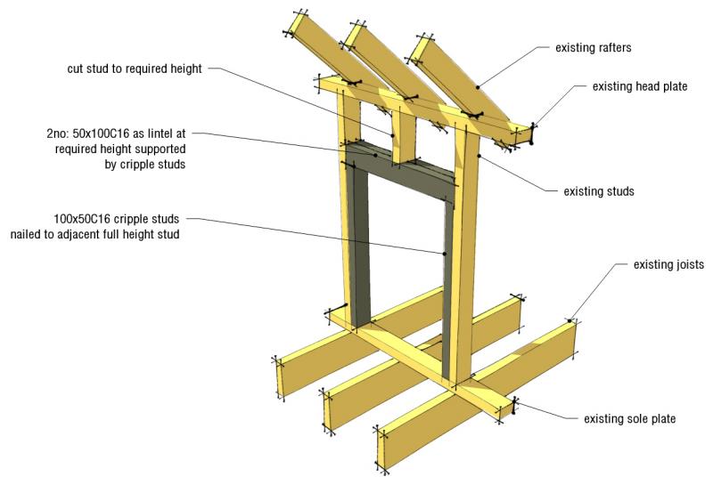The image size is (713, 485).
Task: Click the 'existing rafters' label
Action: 593,48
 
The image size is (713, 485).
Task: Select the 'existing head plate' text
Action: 639,86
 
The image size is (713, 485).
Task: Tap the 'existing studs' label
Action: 598,191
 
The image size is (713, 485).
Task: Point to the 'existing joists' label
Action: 668,264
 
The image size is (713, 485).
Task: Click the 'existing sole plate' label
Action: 629,418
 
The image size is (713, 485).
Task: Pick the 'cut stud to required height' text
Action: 135,69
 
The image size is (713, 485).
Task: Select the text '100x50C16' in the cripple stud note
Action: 82,219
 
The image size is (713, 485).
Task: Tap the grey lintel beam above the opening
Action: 400,174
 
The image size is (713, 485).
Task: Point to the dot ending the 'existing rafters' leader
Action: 478,86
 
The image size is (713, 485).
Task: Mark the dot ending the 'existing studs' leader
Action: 479,156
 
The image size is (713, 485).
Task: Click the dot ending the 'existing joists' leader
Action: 570,320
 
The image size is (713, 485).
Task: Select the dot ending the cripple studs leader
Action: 445,254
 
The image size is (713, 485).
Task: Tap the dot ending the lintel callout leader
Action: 375,155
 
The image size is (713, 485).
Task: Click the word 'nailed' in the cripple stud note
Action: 26,234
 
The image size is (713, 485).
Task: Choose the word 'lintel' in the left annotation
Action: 160,133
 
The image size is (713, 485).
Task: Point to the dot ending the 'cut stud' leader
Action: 392,135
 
